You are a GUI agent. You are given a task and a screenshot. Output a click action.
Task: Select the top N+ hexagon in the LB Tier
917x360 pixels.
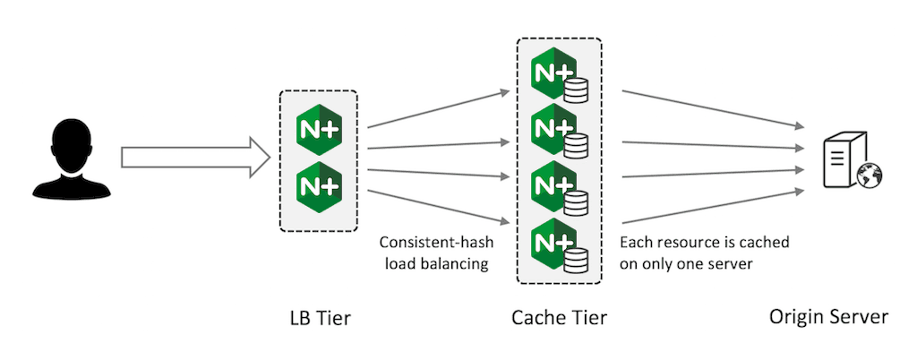pos(319,133)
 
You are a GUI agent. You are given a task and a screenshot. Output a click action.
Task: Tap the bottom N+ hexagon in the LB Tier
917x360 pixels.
pos(319,186)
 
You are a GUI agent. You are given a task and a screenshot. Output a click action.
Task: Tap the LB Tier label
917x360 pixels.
pos(319,318)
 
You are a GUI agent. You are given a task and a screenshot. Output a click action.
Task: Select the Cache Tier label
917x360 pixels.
pos(559,318)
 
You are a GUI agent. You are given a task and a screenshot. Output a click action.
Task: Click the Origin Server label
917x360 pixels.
pos(828,318)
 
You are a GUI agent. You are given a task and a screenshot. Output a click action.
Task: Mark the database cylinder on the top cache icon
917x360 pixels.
pos(575,89)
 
